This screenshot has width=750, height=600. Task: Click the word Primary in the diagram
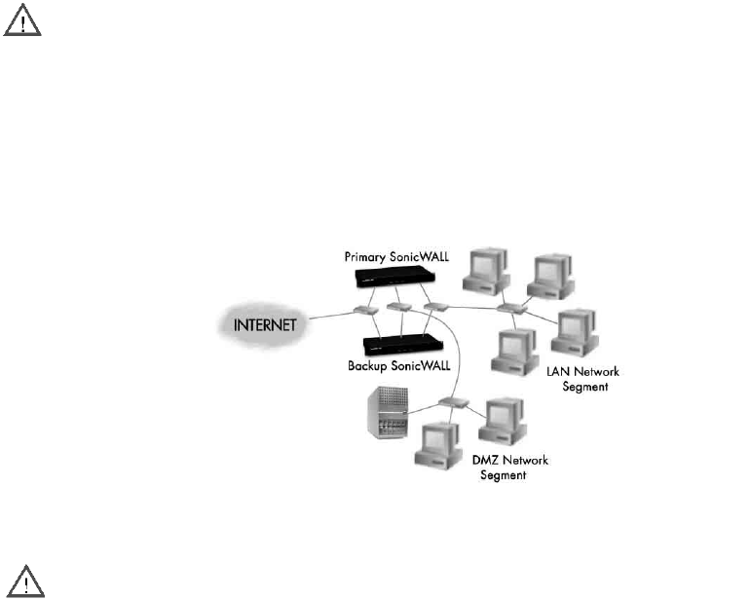coord(366,255)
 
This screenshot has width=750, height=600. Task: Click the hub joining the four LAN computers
coord(509,309)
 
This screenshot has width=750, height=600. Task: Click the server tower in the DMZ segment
coord(383,414)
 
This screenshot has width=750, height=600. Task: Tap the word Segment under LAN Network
coord(586,387)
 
